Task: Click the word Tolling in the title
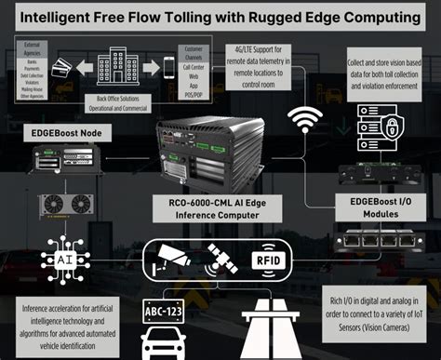(x=191, y=17)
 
